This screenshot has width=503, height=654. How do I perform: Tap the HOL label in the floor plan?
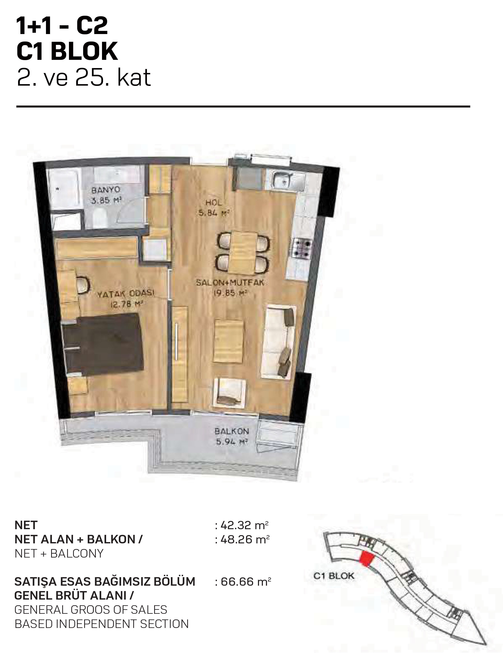pos(214,203)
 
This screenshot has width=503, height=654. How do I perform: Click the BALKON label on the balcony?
pos(232,431)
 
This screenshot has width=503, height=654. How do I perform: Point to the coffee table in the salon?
pos(228,341)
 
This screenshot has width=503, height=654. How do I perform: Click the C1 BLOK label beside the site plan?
pos(334,576)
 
